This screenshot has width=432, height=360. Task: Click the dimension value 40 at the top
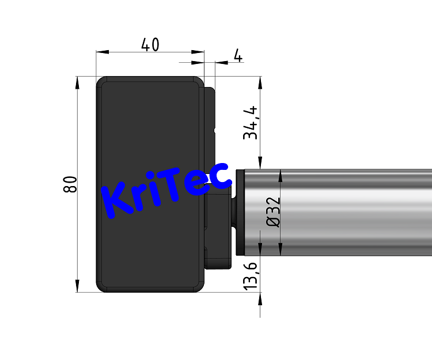click(x=150, y=44)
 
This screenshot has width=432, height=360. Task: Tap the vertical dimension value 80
click(x=70, y=184)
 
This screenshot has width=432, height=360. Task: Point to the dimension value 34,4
click(x=250, y=123)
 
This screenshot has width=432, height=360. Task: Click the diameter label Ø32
click(x=274, y=212)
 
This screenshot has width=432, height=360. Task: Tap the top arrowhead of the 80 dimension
click(x=77, y=82)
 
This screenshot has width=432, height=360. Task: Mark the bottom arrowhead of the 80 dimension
click(x=77, y=286)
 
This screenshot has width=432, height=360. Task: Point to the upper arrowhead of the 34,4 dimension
click(x=260, y=83)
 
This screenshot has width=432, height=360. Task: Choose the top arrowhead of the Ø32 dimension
click(x=280, y=175)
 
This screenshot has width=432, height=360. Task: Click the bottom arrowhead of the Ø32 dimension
click(x=280, y=250)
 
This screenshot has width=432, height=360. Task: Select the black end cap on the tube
click(x=241, y=212)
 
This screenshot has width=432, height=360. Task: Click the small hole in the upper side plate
click(x=214, y=131)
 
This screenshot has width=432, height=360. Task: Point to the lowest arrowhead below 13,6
click(x=260, y=298)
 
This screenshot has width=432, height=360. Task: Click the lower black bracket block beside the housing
click(x=218, y=230)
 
